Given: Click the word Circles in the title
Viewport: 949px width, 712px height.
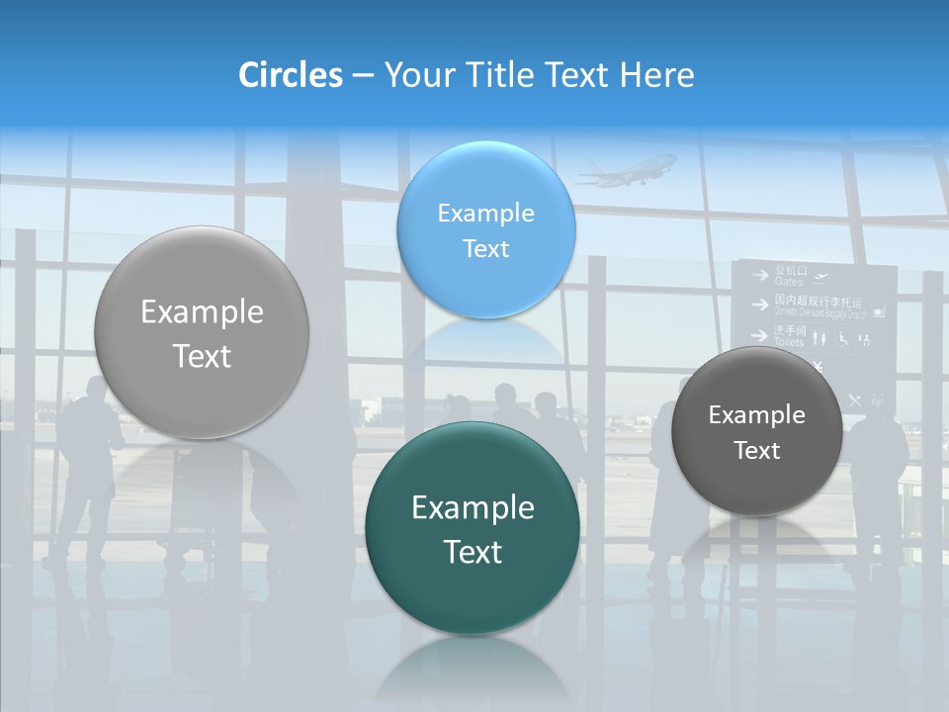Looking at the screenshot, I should [x=290, y=75].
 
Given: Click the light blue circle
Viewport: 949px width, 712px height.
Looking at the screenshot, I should [x=485, y=229].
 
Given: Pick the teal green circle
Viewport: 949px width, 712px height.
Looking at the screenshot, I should [x=472, y=528].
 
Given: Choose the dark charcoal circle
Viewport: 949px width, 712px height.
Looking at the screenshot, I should [x=756, y=431].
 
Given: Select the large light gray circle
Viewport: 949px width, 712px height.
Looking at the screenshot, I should [x=202, y=332].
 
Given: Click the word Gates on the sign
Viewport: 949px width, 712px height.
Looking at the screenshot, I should [x=789, y=282].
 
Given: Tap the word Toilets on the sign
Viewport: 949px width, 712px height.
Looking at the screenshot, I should [x=789, y=341].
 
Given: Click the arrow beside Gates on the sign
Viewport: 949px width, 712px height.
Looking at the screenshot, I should [x=759, y=276].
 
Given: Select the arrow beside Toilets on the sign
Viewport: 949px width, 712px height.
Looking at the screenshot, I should [x=759, y=335].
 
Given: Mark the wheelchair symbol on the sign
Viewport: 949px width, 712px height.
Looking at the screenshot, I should [x=842, y=339].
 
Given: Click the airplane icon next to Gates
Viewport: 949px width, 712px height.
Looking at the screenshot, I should [x=820, y=276].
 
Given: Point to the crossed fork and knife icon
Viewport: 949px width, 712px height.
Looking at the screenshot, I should [x=855, y=400].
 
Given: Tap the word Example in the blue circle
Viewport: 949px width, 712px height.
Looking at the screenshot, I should [x=485, y=213].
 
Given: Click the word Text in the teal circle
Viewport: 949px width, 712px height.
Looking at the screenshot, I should [x=473, y=552].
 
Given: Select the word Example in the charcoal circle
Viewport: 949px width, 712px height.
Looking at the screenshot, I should [x=756, y=415].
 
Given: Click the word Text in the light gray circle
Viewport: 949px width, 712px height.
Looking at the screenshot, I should [x=202, y=356].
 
